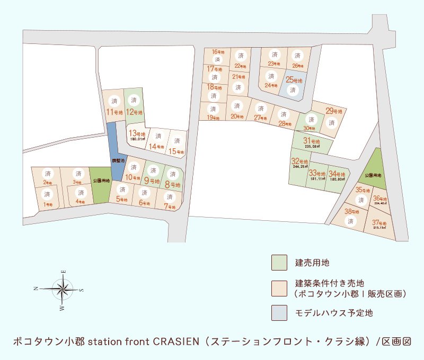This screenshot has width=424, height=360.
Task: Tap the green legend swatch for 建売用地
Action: (279, 262)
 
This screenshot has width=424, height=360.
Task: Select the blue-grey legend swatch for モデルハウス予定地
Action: (279, 313)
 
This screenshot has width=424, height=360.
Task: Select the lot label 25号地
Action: (294, 80)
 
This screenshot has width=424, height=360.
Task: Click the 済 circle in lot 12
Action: (134, 100)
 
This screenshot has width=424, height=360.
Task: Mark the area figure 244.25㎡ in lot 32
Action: (300, 167)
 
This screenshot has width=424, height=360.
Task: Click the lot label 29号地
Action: (334, 111)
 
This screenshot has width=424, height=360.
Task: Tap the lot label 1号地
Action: (47, 204)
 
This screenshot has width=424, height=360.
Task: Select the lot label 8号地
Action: (172, 185)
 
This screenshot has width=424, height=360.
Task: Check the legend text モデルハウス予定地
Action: (334, 313)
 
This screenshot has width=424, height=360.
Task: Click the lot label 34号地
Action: (337, 174)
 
